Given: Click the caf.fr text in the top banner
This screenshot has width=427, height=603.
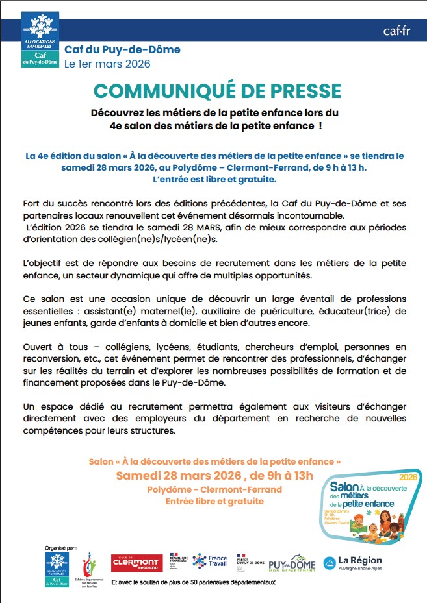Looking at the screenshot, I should (x=396, y=31).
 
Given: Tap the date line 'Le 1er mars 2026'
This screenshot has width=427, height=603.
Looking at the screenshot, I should (x=107, y=64).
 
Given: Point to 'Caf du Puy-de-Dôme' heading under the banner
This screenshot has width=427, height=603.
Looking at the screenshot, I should (x=122, y=49).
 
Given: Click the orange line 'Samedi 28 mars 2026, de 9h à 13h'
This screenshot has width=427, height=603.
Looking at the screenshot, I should (x=214, y=476).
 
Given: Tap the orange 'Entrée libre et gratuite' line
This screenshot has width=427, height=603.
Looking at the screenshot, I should (x=214, y=501).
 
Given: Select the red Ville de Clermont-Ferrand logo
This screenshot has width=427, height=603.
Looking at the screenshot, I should (x=137, y=562).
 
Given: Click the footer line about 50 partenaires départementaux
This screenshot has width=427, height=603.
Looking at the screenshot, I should (x=194, y=583).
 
